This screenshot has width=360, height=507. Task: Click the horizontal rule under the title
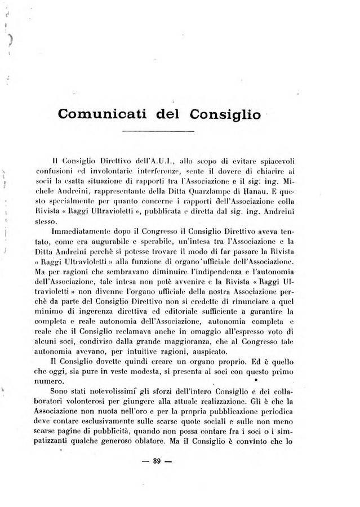click(x=162, y=131)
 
